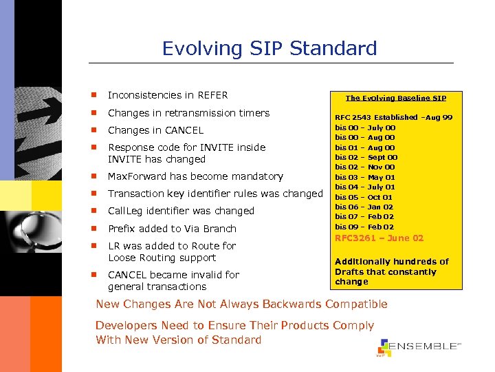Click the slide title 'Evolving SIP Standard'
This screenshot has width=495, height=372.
269,48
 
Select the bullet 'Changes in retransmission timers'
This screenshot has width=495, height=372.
188,113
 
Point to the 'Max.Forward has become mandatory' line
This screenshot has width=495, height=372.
195,176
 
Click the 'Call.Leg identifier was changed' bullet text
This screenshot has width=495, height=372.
181,211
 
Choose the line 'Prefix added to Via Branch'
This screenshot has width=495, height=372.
172,229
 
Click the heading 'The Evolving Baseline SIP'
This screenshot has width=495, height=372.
395,98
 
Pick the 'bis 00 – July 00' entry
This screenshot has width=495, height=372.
364,127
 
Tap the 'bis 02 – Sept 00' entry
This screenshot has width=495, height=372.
366,157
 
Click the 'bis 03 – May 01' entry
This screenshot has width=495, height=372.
364,177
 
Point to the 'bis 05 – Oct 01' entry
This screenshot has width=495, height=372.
364,197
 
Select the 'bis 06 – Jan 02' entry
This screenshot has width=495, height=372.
364,207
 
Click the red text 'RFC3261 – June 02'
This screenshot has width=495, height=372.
379,238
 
